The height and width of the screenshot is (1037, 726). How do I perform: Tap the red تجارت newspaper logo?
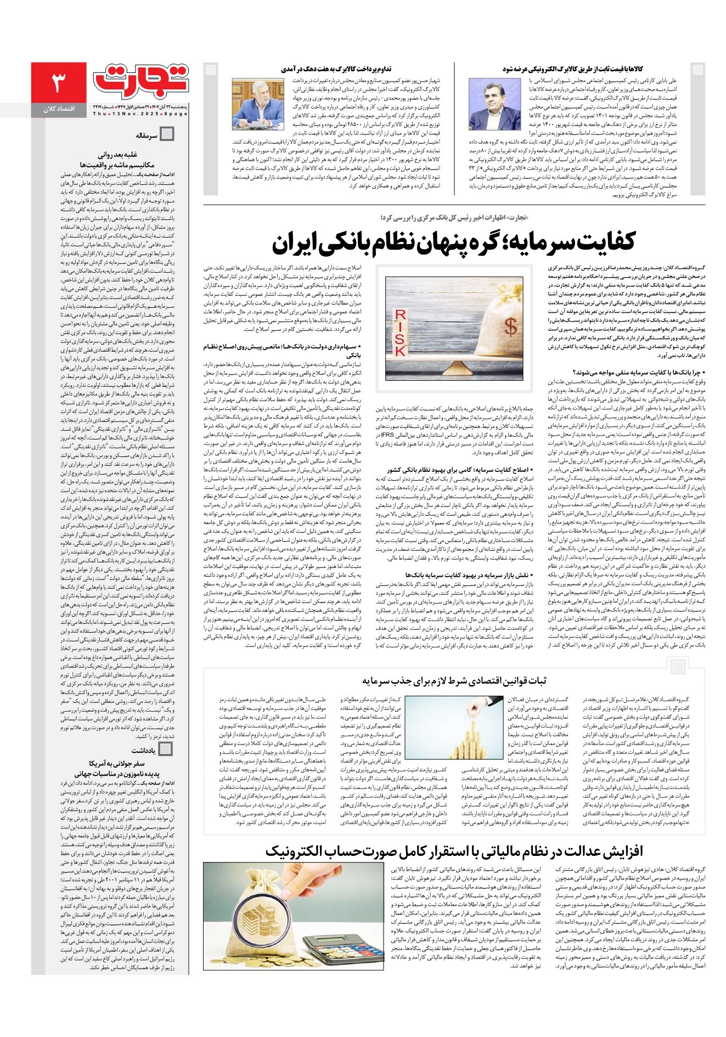click(140, 80)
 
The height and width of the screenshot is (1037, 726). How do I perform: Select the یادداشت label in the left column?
click(144, 750)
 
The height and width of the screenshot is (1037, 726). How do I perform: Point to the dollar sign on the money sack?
click(511, 328)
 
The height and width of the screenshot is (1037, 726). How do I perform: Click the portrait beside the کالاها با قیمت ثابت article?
click(487, 104)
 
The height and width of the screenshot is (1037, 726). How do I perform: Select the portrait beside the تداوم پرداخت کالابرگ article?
click(257, 104)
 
